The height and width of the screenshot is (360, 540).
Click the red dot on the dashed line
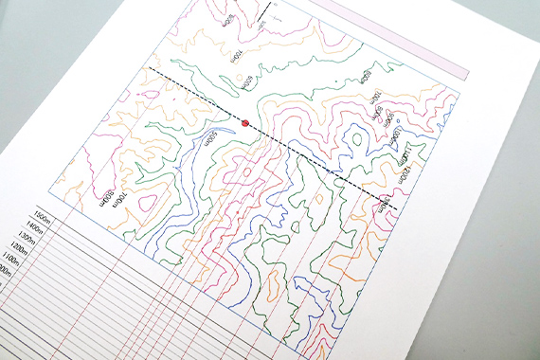point(245,123)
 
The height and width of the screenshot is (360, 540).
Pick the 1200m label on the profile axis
point(27,257)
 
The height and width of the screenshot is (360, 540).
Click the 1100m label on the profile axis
point(19,270)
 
